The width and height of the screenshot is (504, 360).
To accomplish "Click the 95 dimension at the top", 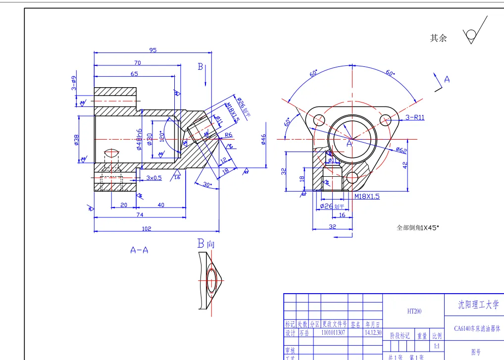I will click(x=153, y=50).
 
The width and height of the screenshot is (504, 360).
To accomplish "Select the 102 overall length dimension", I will click(x=146, y=229).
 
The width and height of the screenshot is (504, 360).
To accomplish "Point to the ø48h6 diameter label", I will click(x=140, y=140).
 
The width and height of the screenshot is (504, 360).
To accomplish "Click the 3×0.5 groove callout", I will click(x=154, y=177).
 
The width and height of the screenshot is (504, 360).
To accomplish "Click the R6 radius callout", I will click(x=228, y=135).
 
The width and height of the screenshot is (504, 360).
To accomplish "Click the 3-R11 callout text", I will click(x=414, y=117).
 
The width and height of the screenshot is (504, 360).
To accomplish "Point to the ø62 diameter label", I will click(x=401, y=150).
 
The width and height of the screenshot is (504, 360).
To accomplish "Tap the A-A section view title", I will click(x=139, y=250).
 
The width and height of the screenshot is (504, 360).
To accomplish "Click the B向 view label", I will click(x=205, y=243).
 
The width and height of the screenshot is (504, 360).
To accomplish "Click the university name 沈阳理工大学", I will click(x=474, y=305).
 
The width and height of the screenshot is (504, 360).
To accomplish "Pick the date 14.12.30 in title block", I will click(x=372, y=333).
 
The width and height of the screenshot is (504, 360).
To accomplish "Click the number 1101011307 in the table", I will click(x=334, y=333).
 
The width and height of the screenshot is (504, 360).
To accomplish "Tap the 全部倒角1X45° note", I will click(x=418, y=228).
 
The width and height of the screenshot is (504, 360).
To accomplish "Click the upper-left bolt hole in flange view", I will click(x=319, y=119).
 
